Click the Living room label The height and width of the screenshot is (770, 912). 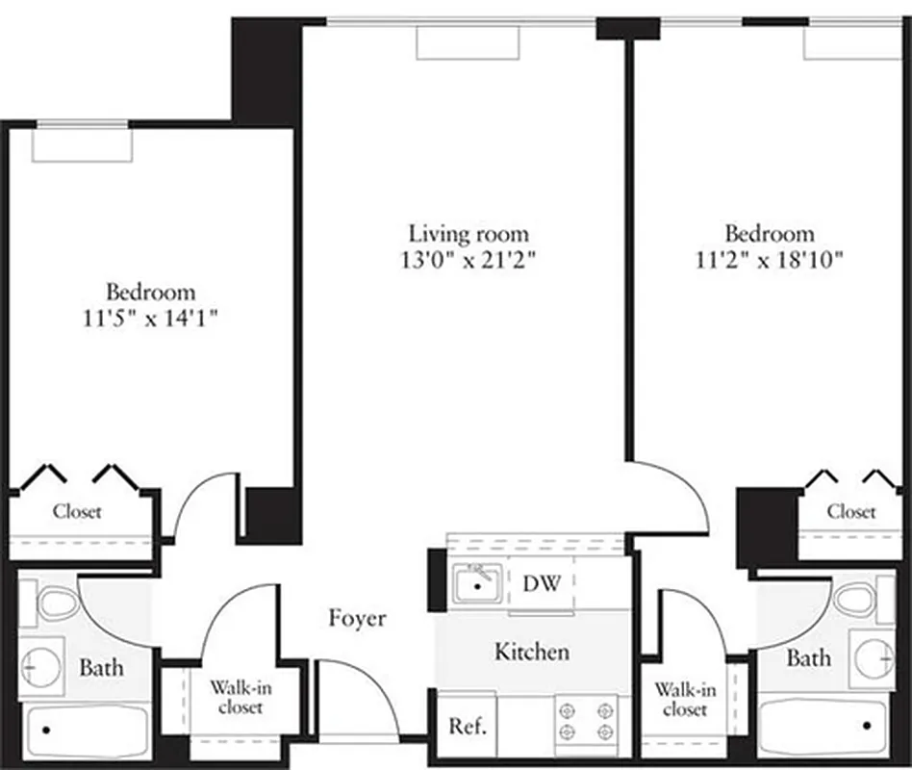click(469, 233)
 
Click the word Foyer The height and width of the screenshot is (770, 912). click(357, 618)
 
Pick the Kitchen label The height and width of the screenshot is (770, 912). click(531, 652)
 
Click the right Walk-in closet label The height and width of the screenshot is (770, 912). click(685, 700)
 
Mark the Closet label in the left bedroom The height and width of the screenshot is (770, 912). click(77, 511)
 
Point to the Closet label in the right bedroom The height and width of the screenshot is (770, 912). click(851, 511)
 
